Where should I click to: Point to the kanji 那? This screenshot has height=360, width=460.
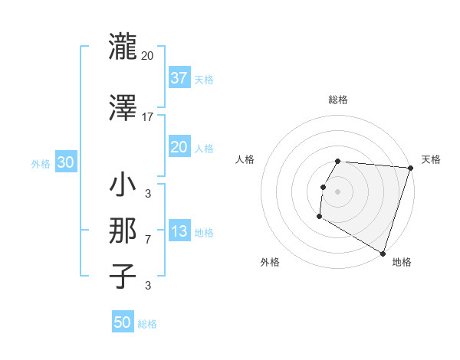tap(123, 231)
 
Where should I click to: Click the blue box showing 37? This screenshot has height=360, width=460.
tap(179, 77)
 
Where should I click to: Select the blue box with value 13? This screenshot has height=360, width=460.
tap(179, 231)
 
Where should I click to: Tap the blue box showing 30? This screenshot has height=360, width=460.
tap(65, 162)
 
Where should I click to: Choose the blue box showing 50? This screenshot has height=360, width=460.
tap(123, 322)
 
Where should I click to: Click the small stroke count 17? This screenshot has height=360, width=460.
tap(147, 118)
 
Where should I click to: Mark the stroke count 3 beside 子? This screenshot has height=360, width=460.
tap(147, 286)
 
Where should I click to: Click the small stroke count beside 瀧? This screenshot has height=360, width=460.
tap(147, 56)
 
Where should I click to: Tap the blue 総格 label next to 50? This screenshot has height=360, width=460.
tap(147, 324)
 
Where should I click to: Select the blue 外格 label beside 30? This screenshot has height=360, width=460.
tap(41, 163)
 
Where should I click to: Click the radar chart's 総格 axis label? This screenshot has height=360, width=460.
tap(337, 100)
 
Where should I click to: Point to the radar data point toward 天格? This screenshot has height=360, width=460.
tap(411, 168)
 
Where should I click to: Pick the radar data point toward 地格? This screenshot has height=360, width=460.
tap(382, 253)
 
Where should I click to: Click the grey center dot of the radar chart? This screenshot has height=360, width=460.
tap(337, 191)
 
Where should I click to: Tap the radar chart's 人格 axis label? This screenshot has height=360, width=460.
tap(245, 159)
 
